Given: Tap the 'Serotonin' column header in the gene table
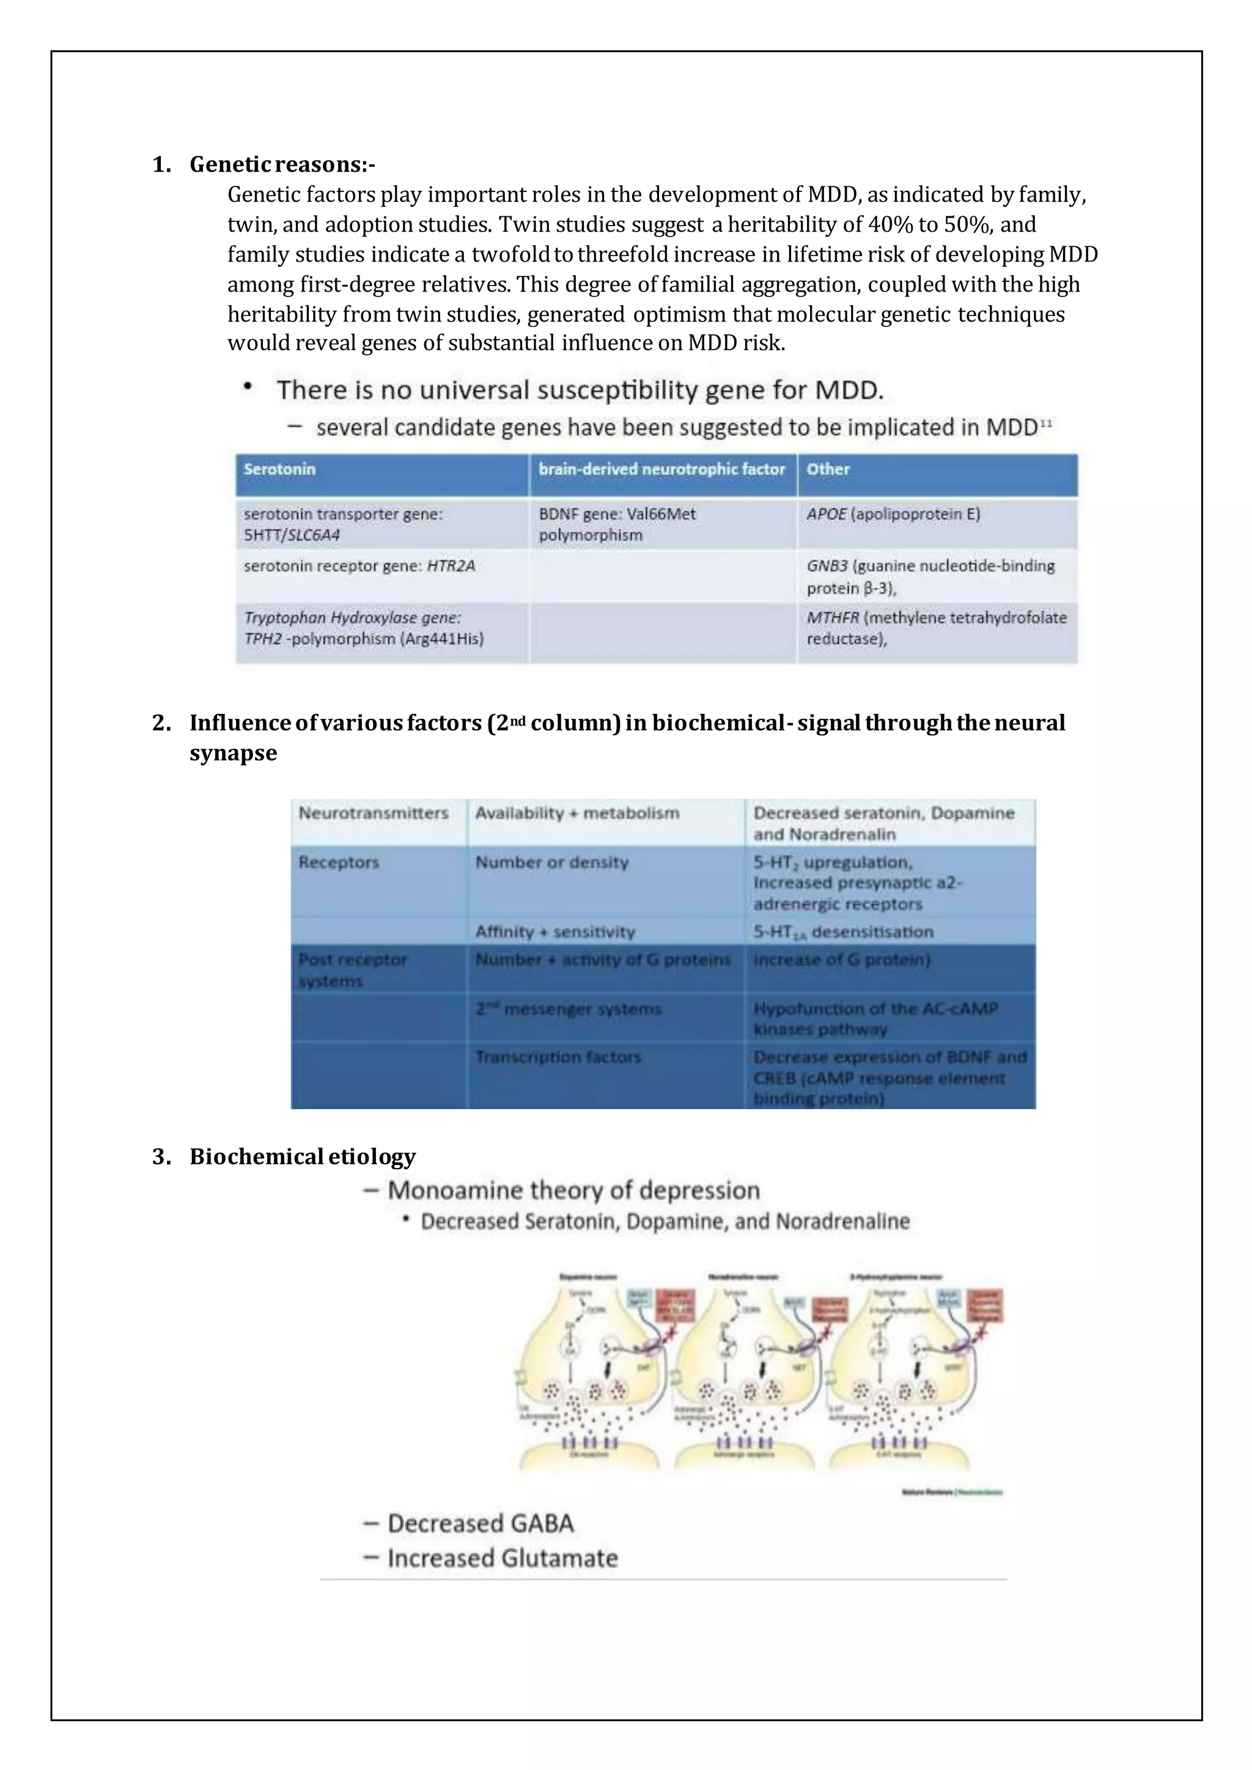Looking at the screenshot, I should pyautogui.click(x=279, y=469).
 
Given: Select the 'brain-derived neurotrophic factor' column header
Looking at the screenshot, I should pyautogui.click(x=661, y=469).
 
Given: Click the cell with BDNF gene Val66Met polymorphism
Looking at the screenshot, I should pyautogui.click(x=617, y=524).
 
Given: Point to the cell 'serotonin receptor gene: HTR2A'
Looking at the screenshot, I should pyautogui.click(x=359, y=566).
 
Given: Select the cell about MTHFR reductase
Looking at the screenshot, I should pyautogui.click(x=936, y=628).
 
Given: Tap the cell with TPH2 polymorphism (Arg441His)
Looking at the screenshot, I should pyautogui.click(x=364, y=628).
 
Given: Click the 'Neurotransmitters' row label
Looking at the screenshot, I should pyautogui.click(x=373, y=813).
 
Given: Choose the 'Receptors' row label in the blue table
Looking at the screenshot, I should pyautogui.click(x=339, y=862).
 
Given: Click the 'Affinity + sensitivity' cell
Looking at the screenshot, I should pyautogui.click(x=554, y=931).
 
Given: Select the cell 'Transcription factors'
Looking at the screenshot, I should pyautogui.click(x=558, y=1057).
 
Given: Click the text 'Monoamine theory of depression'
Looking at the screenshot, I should pyautogui.click(x=573, y=1190).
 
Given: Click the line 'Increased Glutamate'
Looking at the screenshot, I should pyautogui.click(x=502, y=1558).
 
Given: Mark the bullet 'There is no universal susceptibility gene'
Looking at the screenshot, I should pyautogui.click(x=580, y=390).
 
